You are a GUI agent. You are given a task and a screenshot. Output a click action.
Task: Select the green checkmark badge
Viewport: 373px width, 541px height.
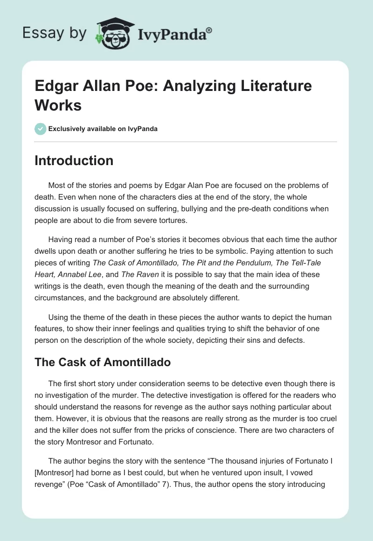pyautogui.click(x=41, y=129)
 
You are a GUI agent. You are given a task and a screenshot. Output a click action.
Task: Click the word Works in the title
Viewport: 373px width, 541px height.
pyautogui.click(x=58, y=105)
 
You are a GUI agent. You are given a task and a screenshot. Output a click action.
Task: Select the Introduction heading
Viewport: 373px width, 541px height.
pyautogui.click(x=74, y=160)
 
